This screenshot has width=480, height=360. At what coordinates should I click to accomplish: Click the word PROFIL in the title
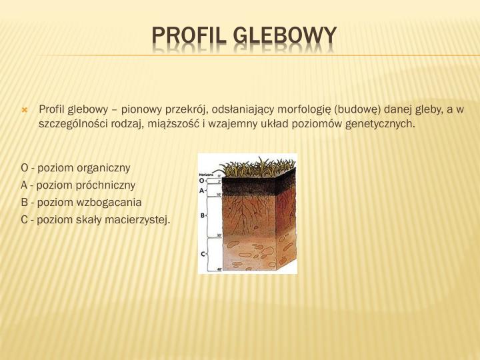pos(190,35)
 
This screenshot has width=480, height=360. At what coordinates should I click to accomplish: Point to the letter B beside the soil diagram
pos(203,215)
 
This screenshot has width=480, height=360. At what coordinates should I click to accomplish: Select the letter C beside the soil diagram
pos(203,254)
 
